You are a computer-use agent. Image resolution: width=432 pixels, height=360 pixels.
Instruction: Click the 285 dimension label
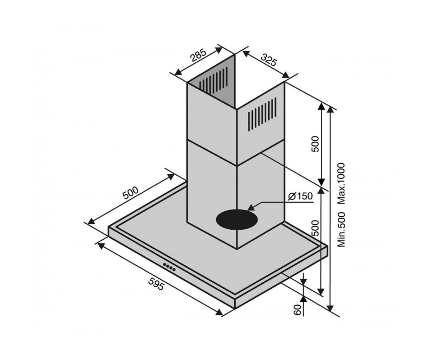click(199, 55)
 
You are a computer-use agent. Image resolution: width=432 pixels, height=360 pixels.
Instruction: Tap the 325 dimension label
click(269, 60)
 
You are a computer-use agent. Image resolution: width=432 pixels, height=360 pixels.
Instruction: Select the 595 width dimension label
click(157, 284)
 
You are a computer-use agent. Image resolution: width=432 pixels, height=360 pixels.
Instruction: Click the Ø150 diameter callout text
click(300, 196)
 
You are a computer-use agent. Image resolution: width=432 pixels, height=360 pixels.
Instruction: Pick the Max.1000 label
click(341, 184)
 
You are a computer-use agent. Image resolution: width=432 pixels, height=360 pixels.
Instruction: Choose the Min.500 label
click(341, 229)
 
